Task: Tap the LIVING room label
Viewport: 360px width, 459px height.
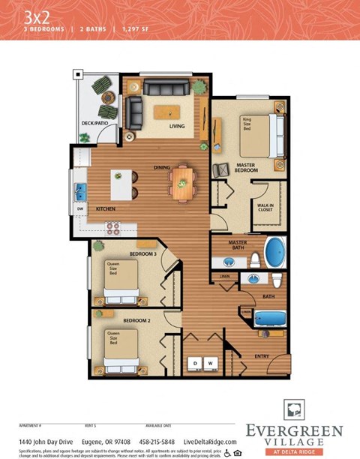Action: [x=177, y=126]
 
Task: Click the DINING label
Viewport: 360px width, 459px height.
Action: [x=162, y=167]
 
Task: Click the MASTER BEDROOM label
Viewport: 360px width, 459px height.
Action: [x=247, y=169]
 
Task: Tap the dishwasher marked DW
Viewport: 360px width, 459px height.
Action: [x=79, y=208]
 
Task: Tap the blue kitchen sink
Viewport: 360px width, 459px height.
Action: [x=79, y=188]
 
